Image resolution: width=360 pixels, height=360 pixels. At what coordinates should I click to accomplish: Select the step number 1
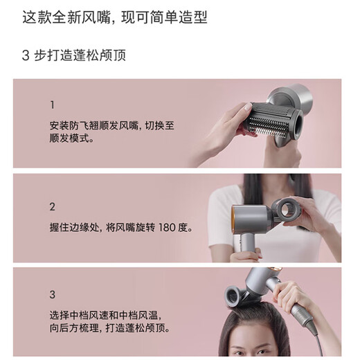[52, 105]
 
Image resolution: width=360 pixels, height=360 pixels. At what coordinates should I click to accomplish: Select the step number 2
[53, 206]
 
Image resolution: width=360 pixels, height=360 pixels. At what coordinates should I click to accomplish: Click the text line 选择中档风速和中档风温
[114, 314]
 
